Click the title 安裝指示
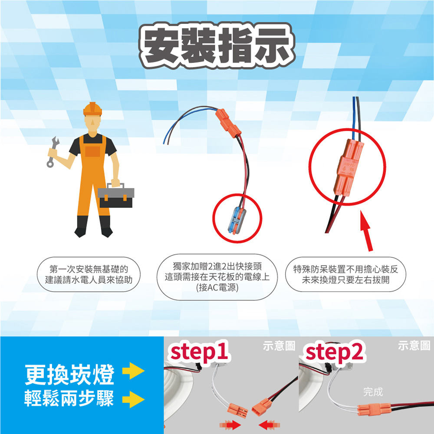(217, 46)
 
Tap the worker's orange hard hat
(92, 109)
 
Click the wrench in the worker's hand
(53, 151)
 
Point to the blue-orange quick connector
(237, 220)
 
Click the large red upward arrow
(366, 231)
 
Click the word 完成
(373, 391)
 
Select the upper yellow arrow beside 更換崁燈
(133, 371)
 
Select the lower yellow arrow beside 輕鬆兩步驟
(133, 399)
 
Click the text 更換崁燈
(69, 374)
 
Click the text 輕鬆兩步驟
(69, 398)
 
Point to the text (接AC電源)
(217, 288)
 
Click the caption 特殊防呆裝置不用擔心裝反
(345, 269)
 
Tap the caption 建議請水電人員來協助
(89, 280)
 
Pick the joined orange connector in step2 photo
(374, 410)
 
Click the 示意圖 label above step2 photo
(414, 346)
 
